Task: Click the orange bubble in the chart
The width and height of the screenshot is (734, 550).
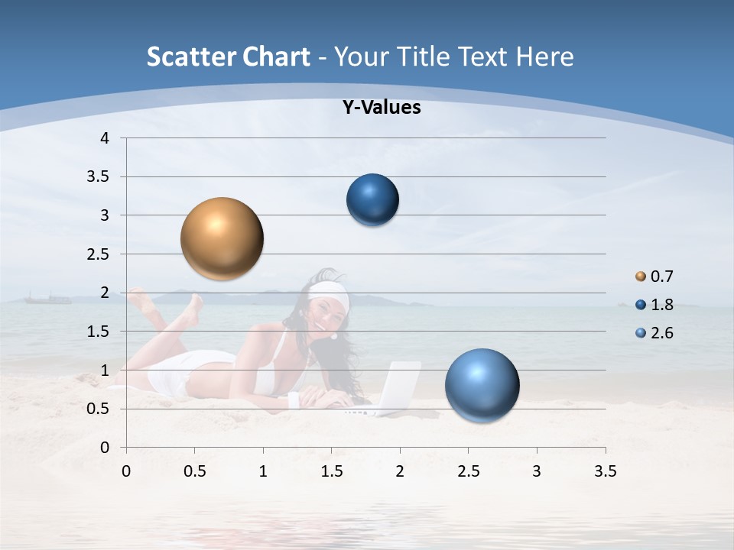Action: (222, 238)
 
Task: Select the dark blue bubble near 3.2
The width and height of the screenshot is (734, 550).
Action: (372, 200)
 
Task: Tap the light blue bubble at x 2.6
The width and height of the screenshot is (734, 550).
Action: (482, 386)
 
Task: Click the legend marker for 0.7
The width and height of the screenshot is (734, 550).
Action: (641, 277)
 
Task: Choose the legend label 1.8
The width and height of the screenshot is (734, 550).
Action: (661, 305)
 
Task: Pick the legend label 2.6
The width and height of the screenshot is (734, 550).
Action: (661, 333)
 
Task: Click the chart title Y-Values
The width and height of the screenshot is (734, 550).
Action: (381, 108)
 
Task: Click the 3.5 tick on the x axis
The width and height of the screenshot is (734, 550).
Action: (605, 472)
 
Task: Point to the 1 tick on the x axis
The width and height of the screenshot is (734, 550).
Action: (263, 472)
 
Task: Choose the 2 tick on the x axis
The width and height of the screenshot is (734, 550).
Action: (400, 472)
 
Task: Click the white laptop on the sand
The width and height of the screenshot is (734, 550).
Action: (394, 388)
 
